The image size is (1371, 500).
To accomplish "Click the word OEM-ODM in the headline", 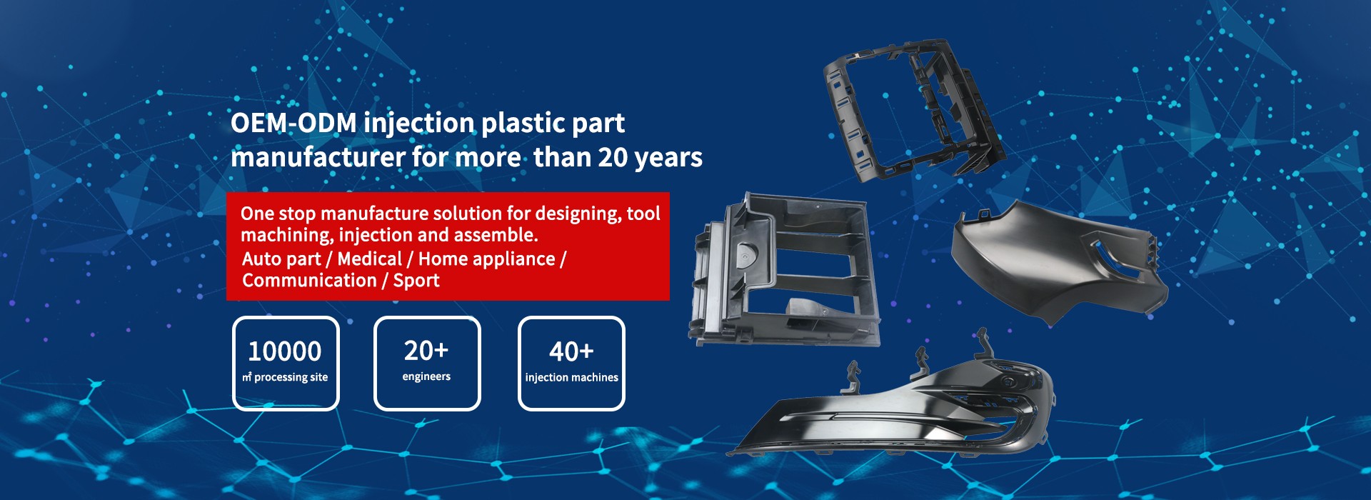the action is (x=293, y=123).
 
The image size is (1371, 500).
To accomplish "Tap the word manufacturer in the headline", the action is (x=318, y=157).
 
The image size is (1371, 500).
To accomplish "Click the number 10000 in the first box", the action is (x=285, y=351).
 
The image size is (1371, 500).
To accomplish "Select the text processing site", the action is (x=291, y=377).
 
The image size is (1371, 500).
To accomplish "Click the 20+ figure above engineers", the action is (x=426, y=351).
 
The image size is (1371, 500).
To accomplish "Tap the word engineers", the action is (x=426, y=376).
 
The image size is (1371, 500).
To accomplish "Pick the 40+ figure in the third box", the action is (x=571, y=351).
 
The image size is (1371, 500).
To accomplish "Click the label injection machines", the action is (x=572, y=377).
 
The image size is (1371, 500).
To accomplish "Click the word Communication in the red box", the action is (x=309, y=280).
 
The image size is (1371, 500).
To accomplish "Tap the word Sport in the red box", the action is (x=416, y=281).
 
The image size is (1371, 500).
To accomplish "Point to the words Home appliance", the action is (x=486, y=259).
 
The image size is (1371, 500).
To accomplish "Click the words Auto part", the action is (x=281, y=259).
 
